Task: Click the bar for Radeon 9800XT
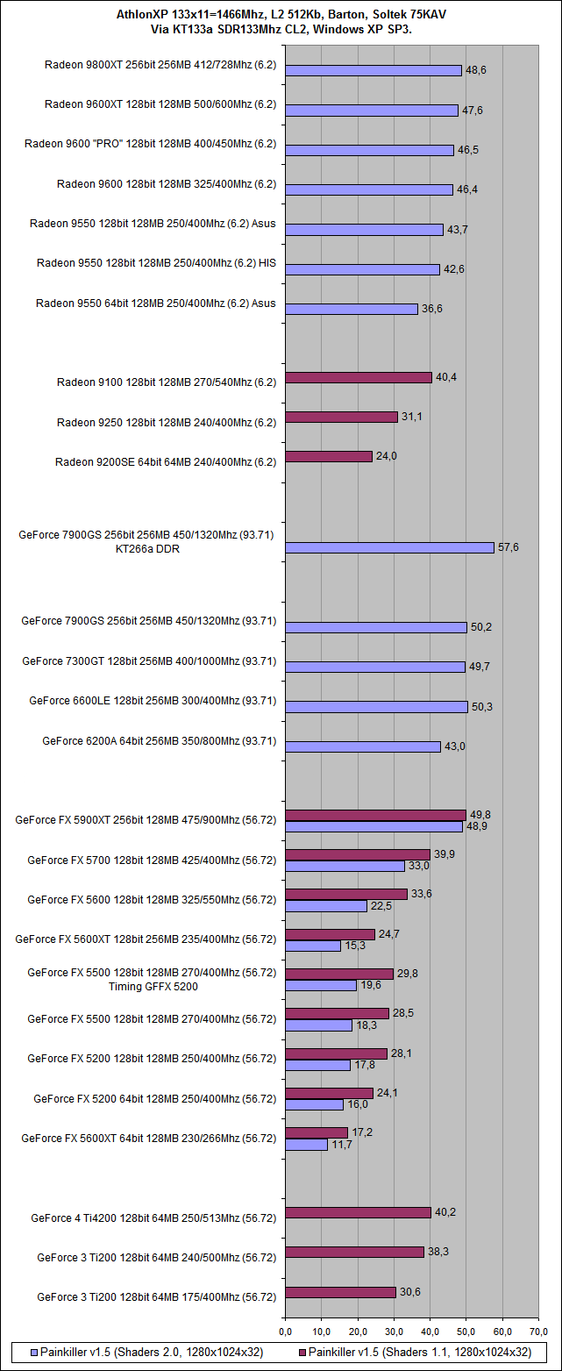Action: [373, 70]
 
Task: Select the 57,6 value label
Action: [509, 547]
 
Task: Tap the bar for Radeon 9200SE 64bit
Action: [329, 456]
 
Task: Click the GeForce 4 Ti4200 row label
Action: [153, 1217]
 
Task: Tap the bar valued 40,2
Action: [358, 1212]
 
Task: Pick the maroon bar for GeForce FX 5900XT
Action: [375, 815]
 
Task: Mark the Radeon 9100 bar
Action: [359, 377]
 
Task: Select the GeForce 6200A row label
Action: [159, 741]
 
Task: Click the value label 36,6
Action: [431, 309]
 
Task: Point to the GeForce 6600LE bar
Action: [376, 706]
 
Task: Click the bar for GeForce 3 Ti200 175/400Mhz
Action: [340, 1292]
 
